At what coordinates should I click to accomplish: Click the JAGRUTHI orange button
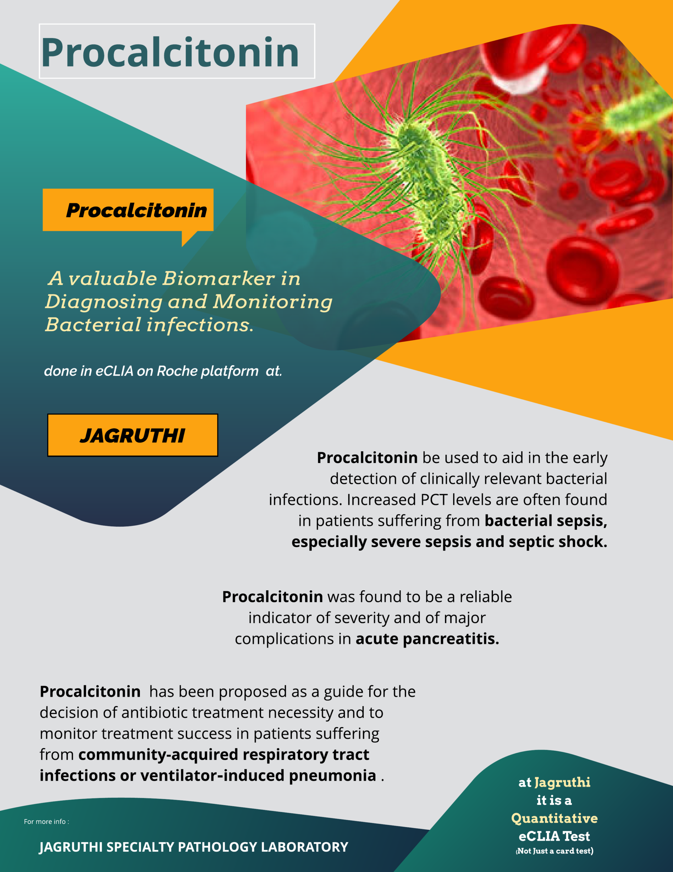(x=132, y=435)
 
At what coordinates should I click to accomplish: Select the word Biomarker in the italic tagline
(x=219, y=278)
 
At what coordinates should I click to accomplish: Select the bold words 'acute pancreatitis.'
(x=427, y=639)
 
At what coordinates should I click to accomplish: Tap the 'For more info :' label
(x=46, y=821)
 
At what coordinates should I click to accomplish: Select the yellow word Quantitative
(x=555, y=818)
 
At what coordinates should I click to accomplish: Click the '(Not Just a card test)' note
(x=555, y=851)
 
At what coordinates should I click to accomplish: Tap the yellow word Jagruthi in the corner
(x=562, y=782)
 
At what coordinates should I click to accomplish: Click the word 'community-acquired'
(x=158, y=754)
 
